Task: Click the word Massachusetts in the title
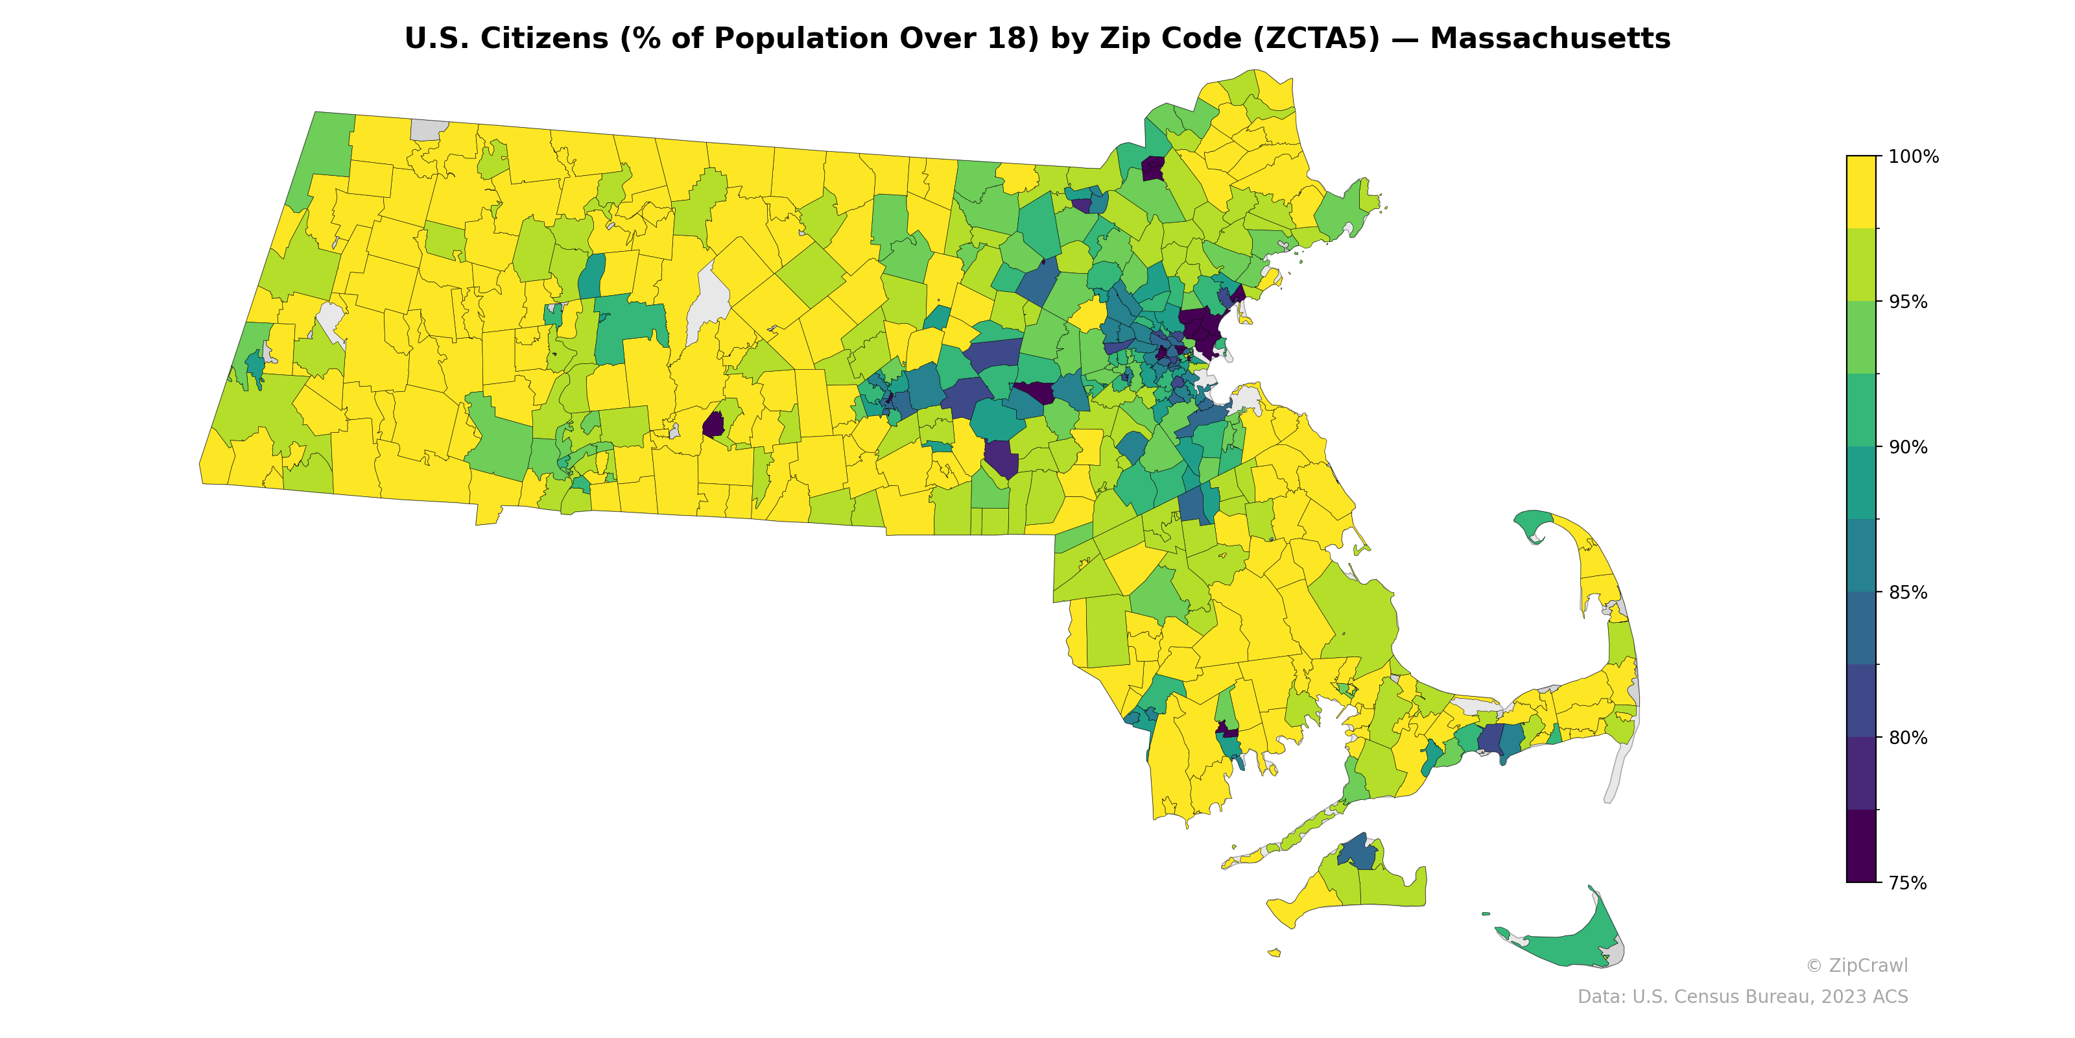coord(1550,39)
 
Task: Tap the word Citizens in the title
coord(544,39)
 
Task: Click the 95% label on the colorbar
coord(1908,302)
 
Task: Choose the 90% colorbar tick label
coord(1908,447)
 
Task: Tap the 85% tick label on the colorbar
coord(1908,592)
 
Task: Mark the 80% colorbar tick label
coord(1908,738)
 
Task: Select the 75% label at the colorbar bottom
coord(1908,883)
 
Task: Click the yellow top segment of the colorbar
coord(1861,192)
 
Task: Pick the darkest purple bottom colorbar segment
coord(1861,846)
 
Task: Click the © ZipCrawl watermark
coord(1856,965)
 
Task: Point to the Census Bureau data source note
coord(1742,997)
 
